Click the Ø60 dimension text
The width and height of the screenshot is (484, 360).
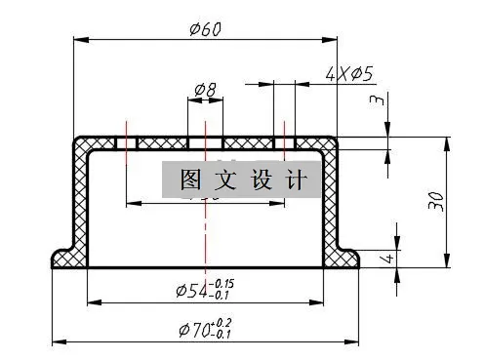pyautogui.click(x=205, y=27)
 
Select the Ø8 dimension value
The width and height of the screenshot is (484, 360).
pyautogui.click(x=205, y=90)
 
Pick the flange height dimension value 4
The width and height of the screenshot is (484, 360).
pyautogui.click(x=387, y=260)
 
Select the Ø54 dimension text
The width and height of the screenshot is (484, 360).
pyautogui.click(x=189, y=291)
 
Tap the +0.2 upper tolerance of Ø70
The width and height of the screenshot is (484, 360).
pyautogui.click(x=223, y=323)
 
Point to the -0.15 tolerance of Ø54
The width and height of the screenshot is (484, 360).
pyautogui.click(x=223, y=284)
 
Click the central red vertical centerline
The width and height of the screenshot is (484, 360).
pyautogui.click(x=205, y=234)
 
